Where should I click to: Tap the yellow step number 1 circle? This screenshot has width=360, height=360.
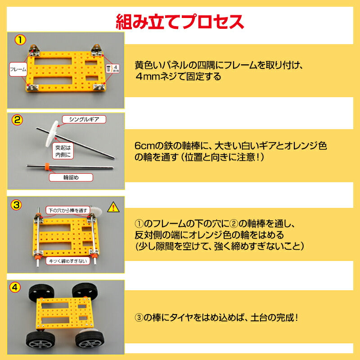(x=19, y=40)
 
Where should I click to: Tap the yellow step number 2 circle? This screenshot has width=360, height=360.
(x=17, y=120)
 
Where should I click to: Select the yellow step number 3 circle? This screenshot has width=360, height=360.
(x=17, y=205)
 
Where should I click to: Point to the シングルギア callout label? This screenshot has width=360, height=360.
(x=84, y=119)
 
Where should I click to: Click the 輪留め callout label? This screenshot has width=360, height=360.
(x=71, y=177)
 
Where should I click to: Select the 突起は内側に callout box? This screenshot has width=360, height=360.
(x=63, y=151)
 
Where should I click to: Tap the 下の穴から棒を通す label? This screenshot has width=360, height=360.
(x=67, y=210)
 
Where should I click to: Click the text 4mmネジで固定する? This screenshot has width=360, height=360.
(x=178, y=76)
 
